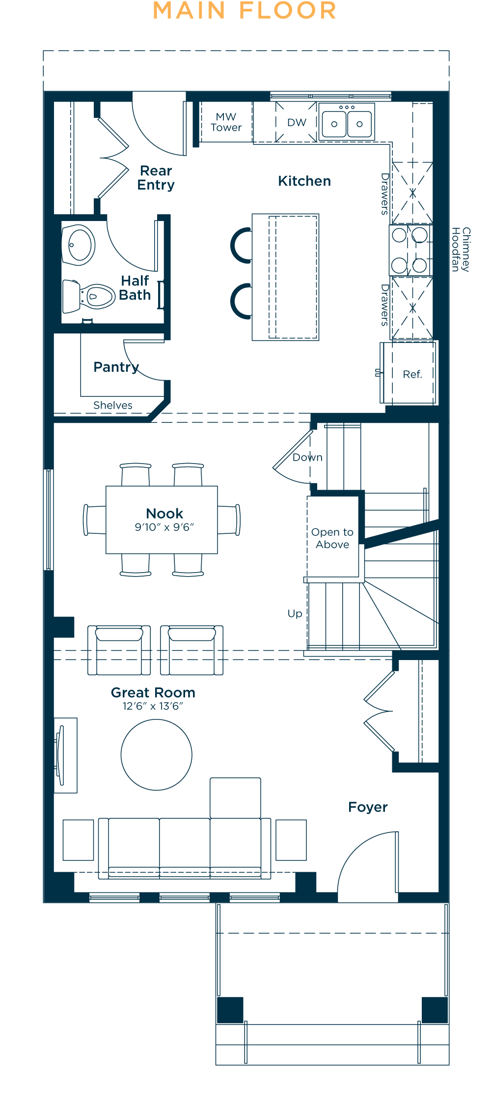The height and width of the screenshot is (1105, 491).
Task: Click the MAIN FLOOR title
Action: click(245, 11)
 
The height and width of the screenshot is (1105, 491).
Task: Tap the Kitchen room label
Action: click(304, 181)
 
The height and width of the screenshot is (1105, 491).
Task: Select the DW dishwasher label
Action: click(297, 123)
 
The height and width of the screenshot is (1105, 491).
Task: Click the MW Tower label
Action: click(226, 122)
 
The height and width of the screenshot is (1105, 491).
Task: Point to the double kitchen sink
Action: click(347, 122)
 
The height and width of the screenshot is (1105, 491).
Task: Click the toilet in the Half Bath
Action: click(89, 296)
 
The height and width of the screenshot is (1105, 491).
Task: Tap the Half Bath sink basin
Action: click(79, 245)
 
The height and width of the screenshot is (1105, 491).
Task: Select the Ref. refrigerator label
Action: click(412, 374)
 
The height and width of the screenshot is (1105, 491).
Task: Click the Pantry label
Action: click(116, 367)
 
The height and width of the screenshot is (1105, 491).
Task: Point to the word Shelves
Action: click(113, 405)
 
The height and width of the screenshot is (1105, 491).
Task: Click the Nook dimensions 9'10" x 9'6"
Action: click(164, 527)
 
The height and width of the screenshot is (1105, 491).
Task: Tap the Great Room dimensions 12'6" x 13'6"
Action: click(153, 706)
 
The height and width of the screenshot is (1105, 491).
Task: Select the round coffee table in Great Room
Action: click(157, 755)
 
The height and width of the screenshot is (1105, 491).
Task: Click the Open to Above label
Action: click(332, 538)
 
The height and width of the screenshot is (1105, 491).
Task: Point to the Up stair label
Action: click(295, 614)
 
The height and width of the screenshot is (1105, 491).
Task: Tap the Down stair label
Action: click(307, 457)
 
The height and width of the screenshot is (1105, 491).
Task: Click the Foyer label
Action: click(368, 807)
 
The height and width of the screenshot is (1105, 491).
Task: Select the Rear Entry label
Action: click(156, 178)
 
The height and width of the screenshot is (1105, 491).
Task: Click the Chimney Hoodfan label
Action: click(461, 249)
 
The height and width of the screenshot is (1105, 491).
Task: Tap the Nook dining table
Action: click(162, 520)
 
